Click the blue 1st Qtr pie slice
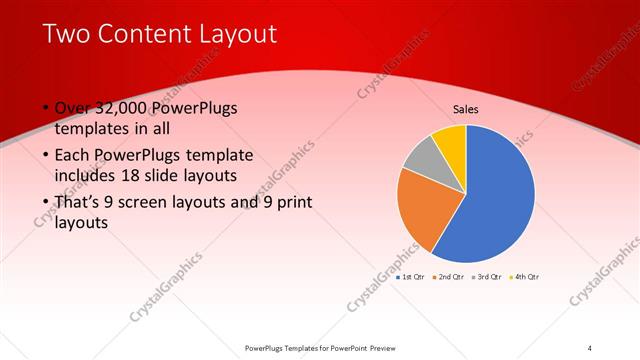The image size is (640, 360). point(495,195)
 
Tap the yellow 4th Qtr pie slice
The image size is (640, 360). point(451,141)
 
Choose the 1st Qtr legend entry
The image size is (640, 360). point(412,276)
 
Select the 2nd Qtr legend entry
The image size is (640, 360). point(447,276)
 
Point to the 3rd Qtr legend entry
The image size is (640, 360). point(486,276)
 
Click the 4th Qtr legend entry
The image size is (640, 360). point(525,276)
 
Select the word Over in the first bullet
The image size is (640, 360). point(71,108)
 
